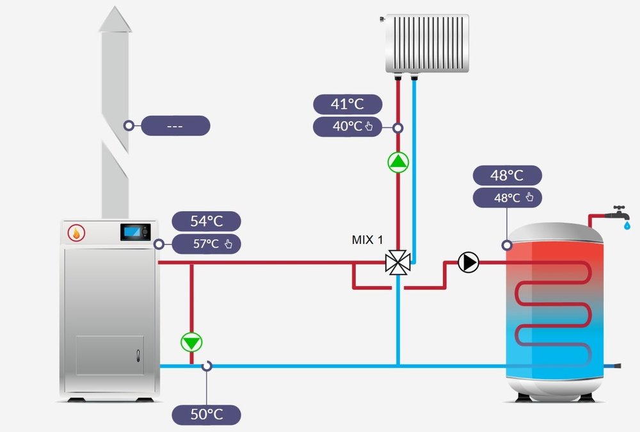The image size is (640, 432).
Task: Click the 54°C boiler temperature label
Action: point(206,221)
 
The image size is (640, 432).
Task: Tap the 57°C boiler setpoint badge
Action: point(206,244)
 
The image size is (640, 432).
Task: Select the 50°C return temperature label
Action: point(206,415)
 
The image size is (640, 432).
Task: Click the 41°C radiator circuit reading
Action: point(348,104)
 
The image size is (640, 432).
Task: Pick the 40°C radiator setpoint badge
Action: point(348,127)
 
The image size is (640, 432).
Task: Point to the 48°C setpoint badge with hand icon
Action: point(508,198)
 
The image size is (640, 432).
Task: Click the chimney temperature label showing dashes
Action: point(175,126)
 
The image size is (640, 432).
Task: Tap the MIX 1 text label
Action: point(367,240)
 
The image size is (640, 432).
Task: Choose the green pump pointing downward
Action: point(191,342)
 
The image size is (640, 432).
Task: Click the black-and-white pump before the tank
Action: point(468,262)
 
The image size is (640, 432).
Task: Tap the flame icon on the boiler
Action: point(76,234)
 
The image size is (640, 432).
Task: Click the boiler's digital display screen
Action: point(135,232)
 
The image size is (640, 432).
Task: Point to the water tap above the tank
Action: point(619,214)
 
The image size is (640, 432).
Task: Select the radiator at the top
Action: point(427,44)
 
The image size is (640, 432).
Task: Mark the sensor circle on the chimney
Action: point(129,126)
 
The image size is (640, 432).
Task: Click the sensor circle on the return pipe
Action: point(206,366)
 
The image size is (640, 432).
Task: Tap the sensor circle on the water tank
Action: point(507,244)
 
